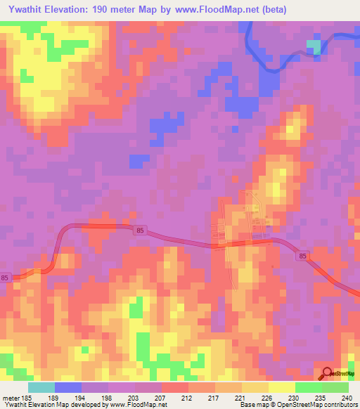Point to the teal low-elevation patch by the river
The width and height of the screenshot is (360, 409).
click(x=314, y=47)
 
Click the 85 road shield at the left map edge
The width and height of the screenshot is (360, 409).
click(x=5, y=278)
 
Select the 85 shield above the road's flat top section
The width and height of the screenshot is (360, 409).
click(x=140, y=231)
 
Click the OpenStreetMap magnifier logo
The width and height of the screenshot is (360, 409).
click(x=328, y=375)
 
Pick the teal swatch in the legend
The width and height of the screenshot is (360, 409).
click(x=41, y=387)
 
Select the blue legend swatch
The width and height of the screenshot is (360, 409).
click(x=68, y=387)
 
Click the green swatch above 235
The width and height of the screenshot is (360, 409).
click(x=309, y=387)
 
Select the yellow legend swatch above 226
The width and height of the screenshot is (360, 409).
click(x=255, y=387)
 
